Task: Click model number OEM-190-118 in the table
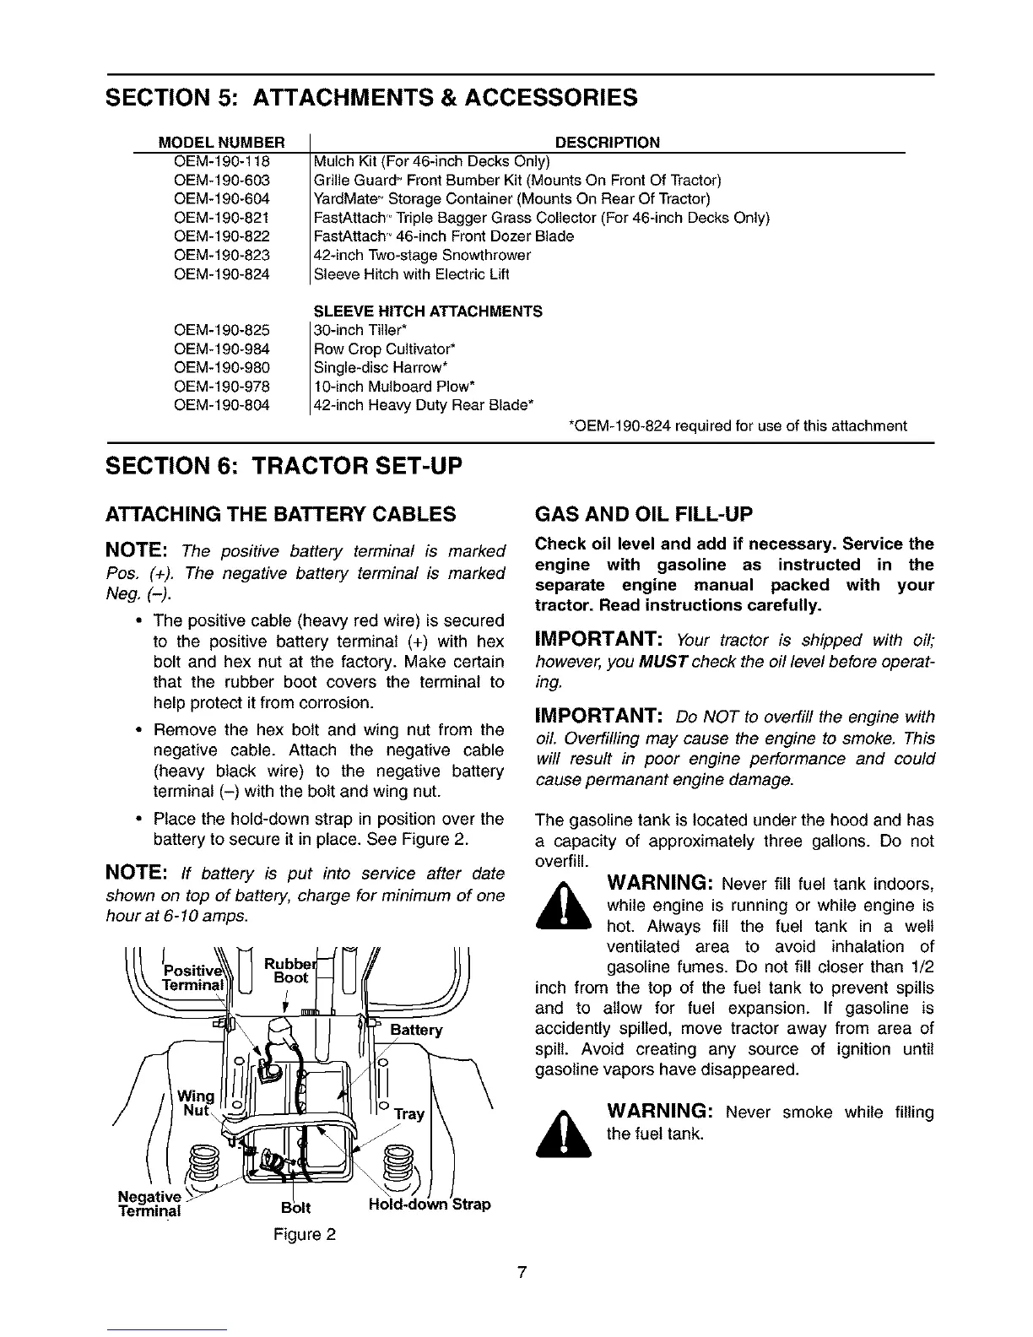[x=221, y=161]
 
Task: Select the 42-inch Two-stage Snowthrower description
[x=422, y=255]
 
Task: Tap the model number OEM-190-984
[x=221, y=349]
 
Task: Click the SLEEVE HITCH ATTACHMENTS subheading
[x=427, y=311]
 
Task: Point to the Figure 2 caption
[x=305, y=1235]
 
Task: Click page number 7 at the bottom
[x=522, y=1272]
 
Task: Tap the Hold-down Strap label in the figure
[x=430, y=1204]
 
